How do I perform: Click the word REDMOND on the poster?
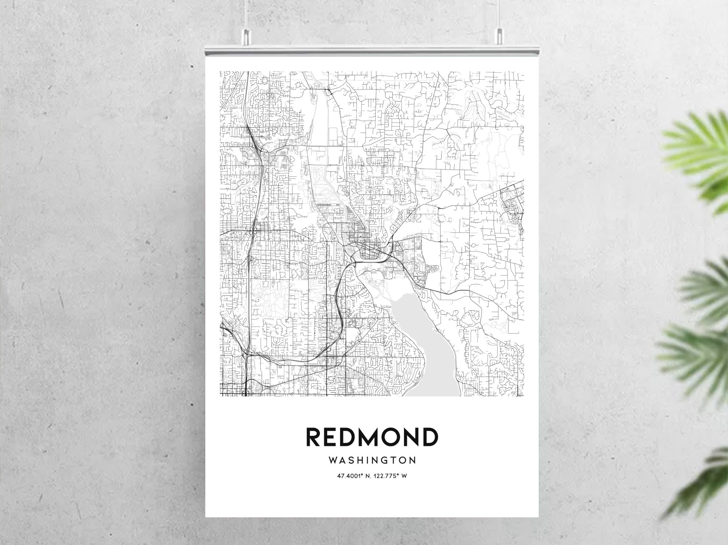(372, 437)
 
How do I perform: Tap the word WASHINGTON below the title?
(372, 461)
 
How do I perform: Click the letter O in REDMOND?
(387, 437)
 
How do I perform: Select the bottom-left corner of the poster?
(206, 516)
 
